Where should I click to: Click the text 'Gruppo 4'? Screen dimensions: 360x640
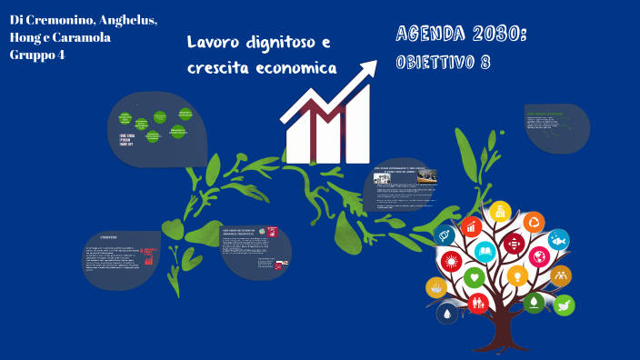point(37,55)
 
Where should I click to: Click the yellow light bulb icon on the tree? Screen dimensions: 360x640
point(516,275)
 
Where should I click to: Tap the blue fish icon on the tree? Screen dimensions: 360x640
point(558,240)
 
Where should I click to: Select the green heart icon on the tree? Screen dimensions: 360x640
point(474,275)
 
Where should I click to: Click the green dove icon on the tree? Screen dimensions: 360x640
point(564,305)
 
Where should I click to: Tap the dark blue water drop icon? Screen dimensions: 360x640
point(447,314)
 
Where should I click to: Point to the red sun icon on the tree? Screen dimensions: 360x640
point(449,264)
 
